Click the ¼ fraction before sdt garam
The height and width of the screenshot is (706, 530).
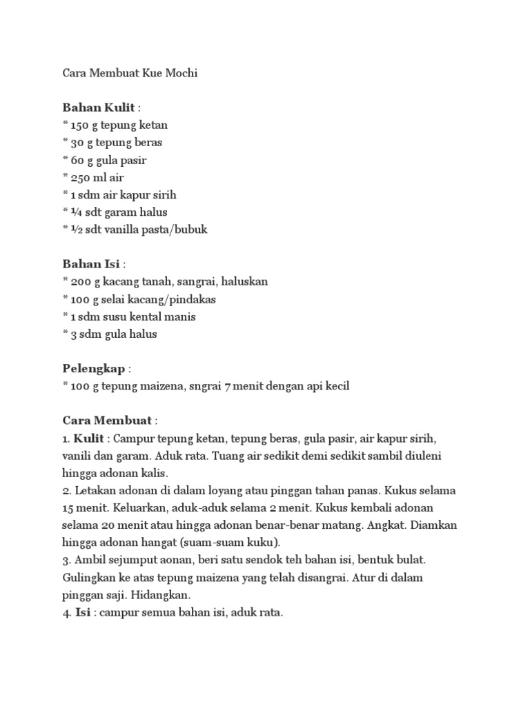[75, 212]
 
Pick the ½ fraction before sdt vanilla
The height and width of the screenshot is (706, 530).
[75, 230]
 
